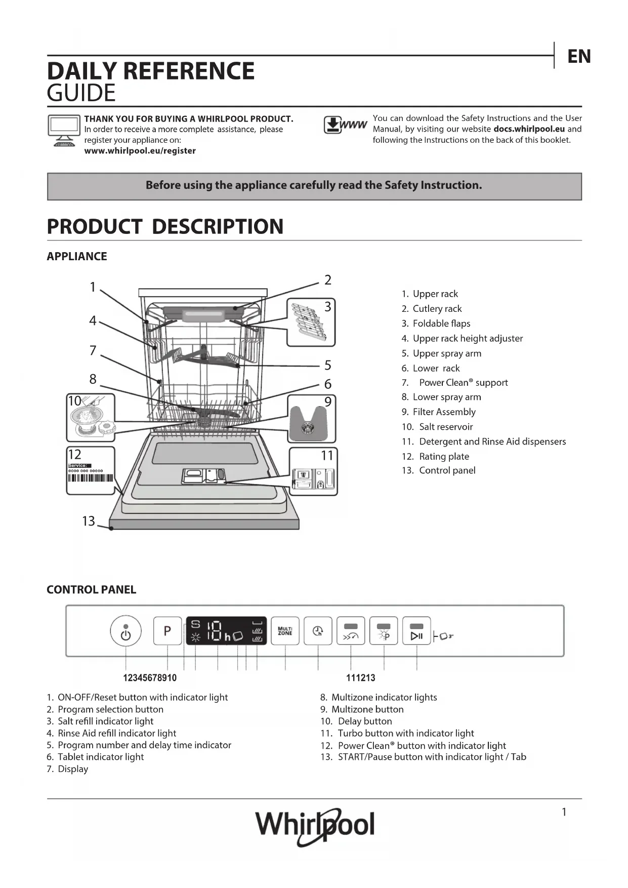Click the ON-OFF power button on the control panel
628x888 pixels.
point(125,631)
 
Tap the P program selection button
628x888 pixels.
point(168,631)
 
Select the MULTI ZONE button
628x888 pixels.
point(285,631)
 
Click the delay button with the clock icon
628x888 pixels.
point(318,631)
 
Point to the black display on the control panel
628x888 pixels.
point(226,631)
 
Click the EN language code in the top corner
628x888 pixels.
point(579,56)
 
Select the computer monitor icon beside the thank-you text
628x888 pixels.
point(64,130)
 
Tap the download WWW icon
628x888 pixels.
point(345,125)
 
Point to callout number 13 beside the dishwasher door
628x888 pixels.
point(89,521)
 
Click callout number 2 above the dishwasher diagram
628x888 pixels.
point(328,280)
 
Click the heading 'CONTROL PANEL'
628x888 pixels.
point(92,590)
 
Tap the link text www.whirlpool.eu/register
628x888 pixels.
point(140,151)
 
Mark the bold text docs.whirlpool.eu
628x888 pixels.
point(529,129)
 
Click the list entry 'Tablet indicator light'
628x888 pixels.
point(100,757)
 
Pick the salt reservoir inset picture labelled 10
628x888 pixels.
point(91,418)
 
